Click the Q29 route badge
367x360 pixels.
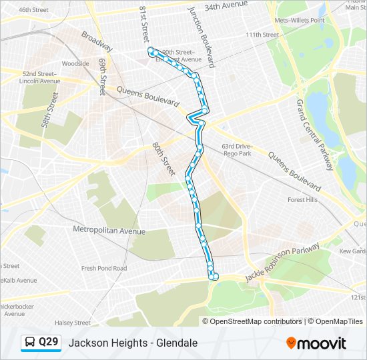coord(41,343)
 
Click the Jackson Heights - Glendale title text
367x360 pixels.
coord(133,343)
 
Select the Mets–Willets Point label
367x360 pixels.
coord(300,20)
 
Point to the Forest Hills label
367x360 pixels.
coord(303,199)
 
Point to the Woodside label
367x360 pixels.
coord(75,64)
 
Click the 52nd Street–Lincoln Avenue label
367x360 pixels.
coord(41,77)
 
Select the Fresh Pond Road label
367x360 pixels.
coord(104,268)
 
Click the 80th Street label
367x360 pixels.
coord(162,157)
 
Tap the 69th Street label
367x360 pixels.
coord(102,76)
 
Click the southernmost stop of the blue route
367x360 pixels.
coord(214,276)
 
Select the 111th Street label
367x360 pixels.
coord(262,35)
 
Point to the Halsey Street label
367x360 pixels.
coord(73,323)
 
